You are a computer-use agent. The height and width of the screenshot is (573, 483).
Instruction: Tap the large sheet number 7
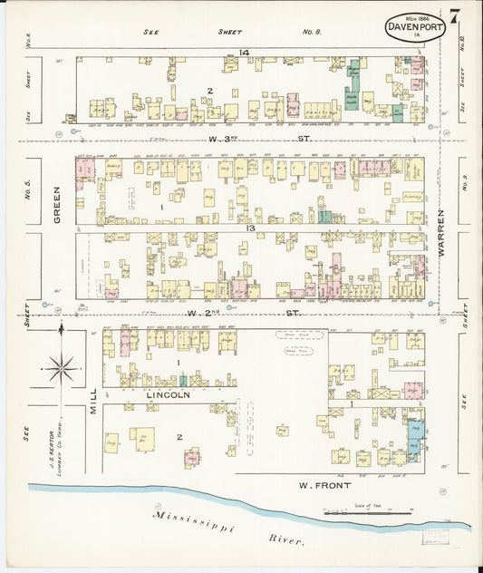(452, 15)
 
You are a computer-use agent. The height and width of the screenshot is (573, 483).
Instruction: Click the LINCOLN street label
(168, 395)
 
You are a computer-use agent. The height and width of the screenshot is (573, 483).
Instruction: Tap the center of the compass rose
(62, 368)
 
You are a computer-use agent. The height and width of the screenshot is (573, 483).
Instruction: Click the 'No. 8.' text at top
(312, 32)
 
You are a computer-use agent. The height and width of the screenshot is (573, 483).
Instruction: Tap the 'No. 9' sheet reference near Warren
(463, 189)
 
